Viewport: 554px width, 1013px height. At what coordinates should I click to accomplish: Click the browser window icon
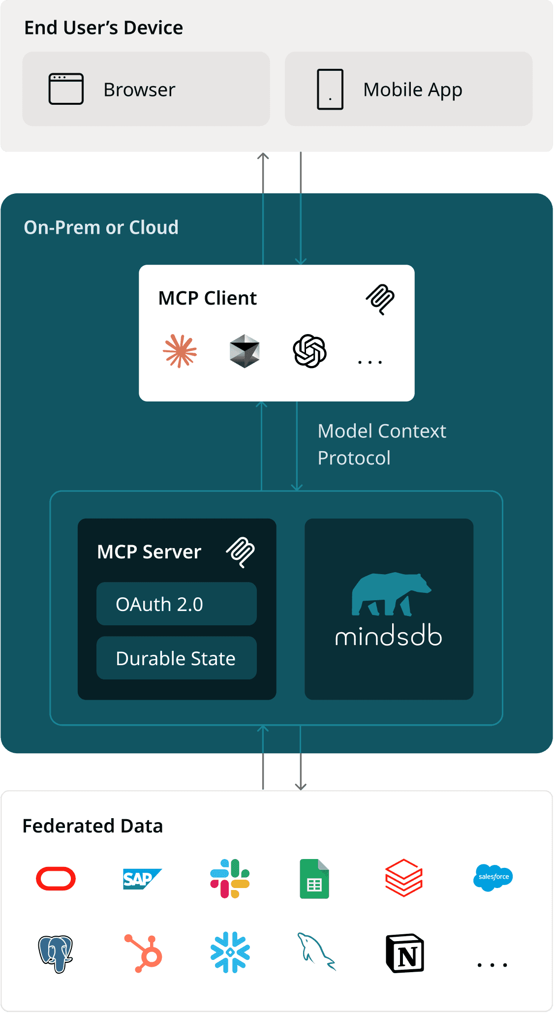coord(66,89)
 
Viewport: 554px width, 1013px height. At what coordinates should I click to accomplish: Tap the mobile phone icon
coord(330,90)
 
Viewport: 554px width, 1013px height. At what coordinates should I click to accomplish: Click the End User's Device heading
coord(103,28)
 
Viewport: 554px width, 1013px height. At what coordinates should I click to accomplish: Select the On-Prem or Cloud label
coord(101,227)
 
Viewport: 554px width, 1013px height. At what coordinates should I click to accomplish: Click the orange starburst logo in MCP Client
coord(180,351)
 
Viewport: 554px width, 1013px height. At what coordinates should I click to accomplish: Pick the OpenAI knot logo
coord(309,351)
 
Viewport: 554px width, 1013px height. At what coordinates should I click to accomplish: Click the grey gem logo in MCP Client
coord(245,351)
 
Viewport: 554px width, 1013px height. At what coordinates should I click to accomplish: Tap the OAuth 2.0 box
coord(176,604)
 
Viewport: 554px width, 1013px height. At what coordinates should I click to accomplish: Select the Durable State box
coord(176,658)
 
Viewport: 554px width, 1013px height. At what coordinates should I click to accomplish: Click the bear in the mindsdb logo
coord(390,594)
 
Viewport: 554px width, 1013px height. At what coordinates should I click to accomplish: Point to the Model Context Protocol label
coord(382,444)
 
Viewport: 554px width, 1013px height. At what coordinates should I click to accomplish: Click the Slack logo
coord(230,879)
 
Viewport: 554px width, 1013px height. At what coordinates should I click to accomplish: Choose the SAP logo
coord(142,879)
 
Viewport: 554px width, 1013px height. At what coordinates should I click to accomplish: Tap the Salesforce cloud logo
coord(493,877)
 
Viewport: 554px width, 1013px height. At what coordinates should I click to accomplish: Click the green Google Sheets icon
coord(314,879)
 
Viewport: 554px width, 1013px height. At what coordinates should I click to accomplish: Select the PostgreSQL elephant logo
coord(56,953)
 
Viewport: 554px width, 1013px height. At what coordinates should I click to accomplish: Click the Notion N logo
coord(405,953)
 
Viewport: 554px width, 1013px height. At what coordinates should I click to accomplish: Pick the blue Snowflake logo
coord(230,952)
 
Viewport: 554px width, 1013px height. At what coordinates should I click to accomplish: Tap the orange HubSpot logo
coord(144,953)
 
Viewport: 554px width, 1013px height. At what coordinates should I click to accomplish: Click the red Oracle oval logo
coord(56,879)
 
